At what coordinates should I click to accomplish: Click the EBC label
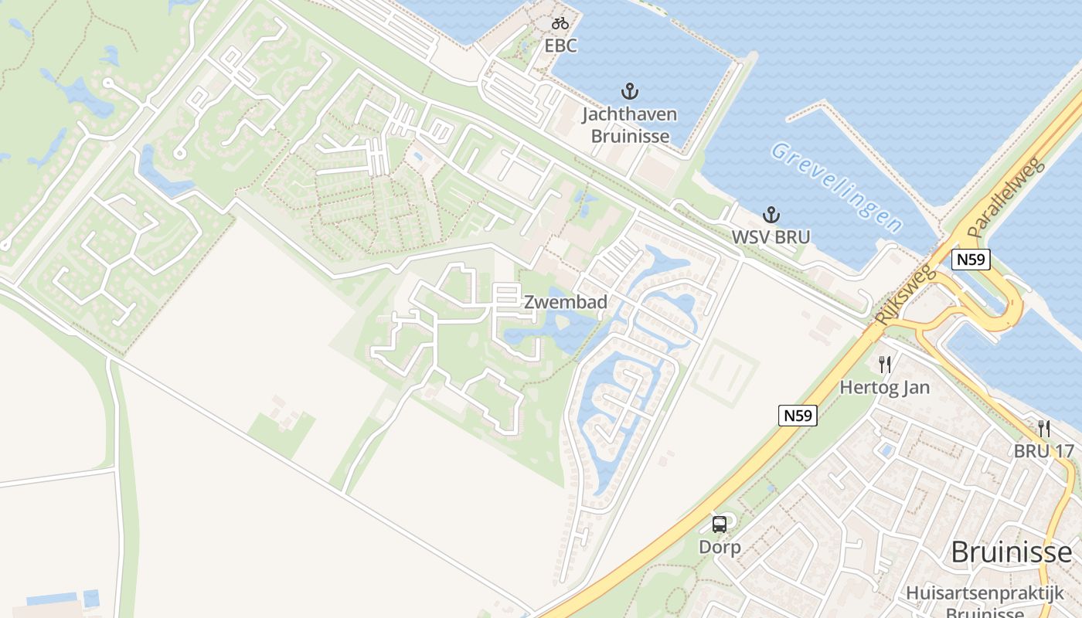tap(560, 46)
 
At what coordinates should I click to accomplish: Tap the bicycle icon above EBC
tap(560, 23)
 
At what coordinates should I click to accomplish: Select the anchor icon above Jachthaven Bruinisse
tap(630, 91)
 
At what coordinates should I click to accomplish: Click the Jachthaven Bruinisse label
tap(630, 125)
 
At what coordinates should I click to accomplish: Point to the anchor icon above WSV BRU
tap(771, 214)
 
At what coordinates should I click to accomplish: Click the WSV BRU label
tap(771, 237)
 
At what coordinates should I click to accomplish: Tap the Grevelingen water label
tap(836, 186)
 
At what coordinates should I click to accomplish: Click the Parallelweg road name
tap(1006, 199)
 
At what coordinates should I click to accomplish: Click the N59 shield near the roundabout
tap(971, 260)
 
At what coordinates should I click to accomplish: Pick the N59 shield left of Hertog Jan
tap(798, 416)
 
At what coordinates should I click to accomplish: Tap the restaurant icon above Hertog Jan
tap(885, 364)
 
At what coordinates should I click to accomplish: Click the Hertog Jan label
tap(885, 387)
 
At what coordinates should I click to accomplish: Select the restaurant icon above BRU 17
tap(1043, 428)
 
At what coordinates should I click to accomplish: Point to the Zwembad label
tap(566, 302)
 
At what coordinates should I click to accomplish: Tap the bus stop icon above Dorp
tap(720, 525)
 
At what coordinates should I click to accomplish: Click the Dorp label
tap(720, 548)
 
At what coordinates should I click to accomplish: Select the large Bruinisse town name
tap(1012, 552)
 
